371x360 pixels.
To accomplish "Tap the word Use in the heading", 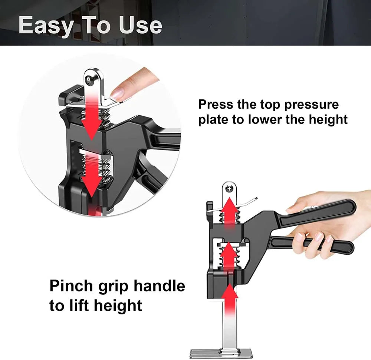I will pyautogui.click(x=141, y=25).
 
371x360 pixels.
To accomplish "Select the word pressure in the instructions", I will pyautogui.click(x=311, y=105).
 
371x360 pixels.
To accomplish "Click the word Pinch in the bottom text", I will pyautogui.click(x=70, y=287).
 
